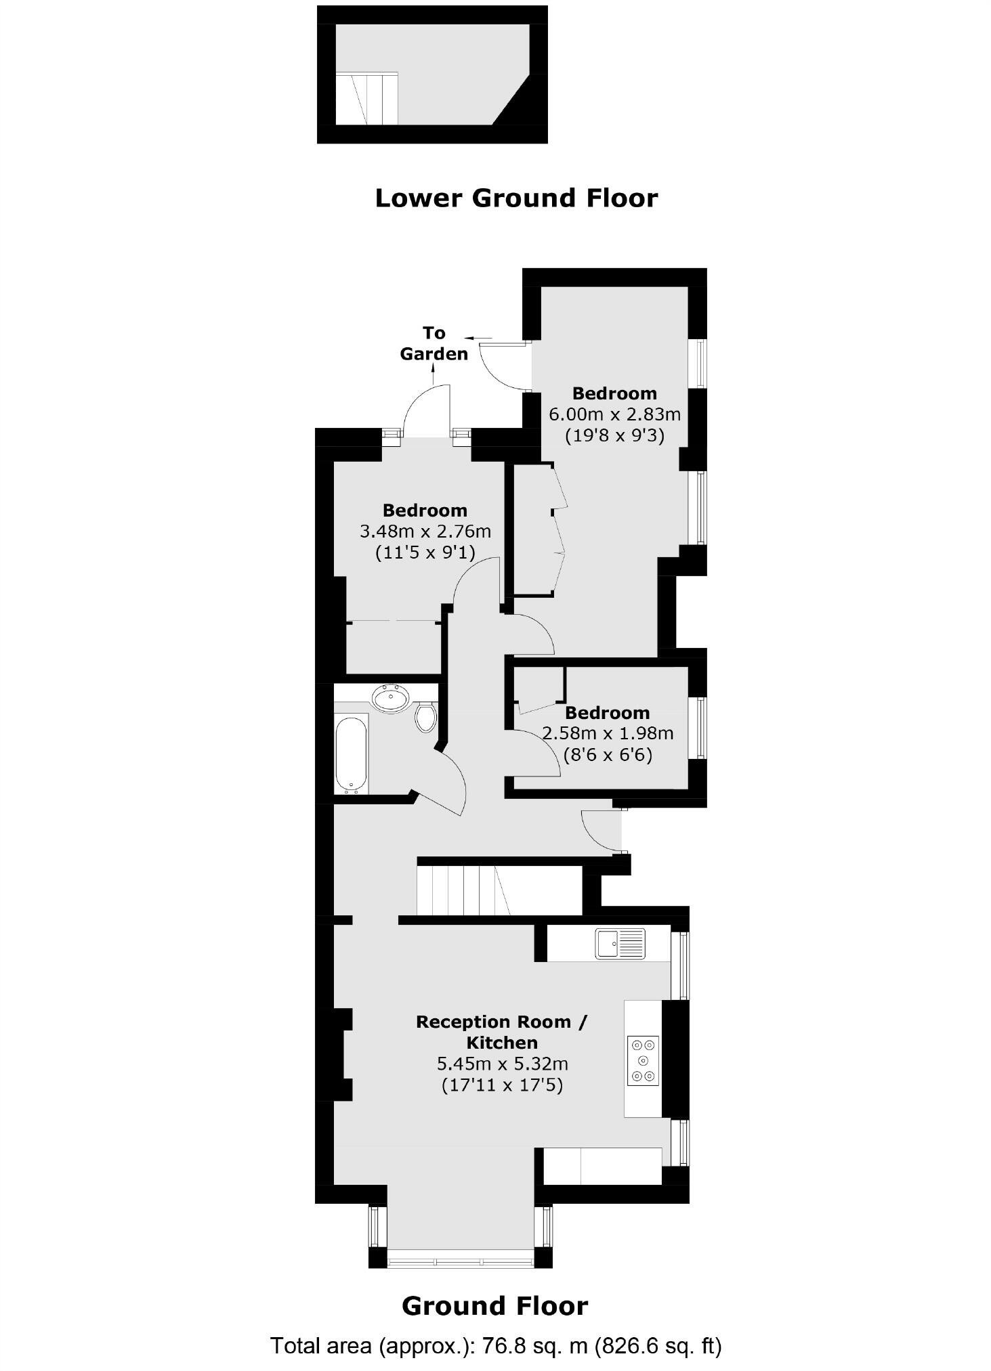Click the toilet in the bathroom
coord(425,716)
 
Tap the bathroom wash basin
coord(391,697)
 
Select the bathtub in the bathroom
coord(352,753)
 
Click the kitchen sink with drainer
coord(620,944)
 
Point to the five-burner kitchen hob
coord(642,1060)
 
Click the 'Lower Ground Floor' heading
coord(516,198)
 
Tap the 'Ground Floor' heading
coord(494,1306)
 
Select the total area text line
coord(496,1345)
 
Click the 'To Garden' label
coord(434,343)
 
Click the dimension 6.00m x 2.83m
coord(614,414)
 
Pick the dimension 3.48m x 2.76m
coord(425,531)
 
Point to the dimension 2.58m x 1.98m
coord(608,733)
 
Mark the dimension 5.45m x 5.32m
coord(502,1064)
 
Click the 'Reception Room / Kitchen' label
coord(501,1032)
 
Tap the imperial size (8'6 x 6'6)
coord(608,754)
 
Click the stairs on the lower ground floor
coord(368,99)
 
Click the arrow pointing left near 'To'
coord(478,336)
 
